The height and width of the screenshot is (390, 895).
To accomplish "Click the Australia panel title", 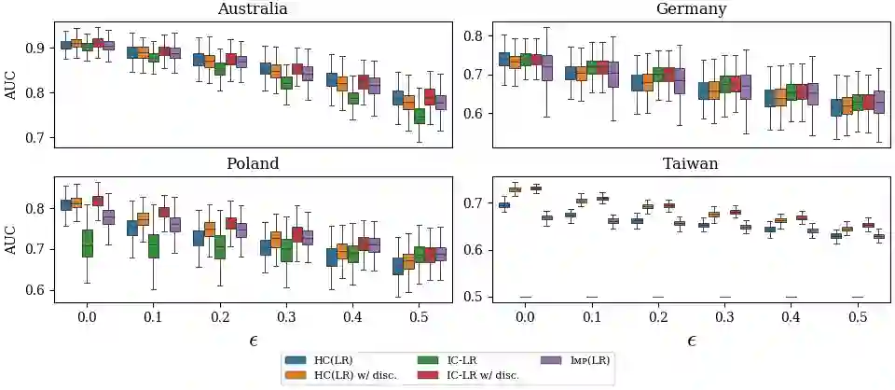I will [x=252, y=9].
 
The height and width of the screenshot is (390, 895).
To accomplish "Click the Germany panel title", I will [x=692, y=9].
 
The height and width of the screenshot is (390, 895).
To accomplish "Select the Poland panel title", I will [x=252, y=163].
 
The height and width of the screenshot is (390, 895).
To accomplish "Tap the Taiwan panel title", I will [x=692, y=163].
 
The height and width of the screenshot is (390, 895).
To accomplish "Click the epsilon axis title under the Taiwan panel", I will [x=692, y=341].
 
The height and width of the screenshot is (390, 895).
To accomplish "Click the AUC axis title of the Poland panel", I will [x=11, y=239].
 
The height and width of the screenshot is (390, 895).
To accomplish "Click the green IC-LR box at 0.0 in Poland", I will [x=88, y=244].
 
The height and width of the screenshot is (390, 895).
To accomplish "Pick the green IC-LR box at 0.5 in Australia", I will [x=420, y=116].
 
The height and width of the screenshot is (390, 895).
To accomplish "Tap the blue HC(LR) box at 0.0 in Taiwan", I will [x=504, y=204].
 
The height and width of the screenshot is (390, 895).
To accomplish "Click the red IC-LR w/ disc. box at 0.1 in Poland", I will [x=165, y=212].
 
